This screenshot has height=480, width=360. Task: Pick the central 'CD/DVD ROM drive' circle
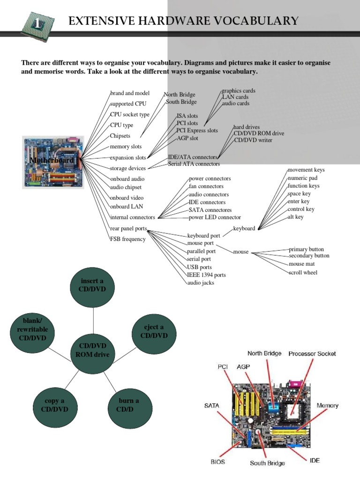[93, 351]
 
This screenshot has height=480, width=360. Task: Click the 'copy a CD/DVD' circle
[55, 405]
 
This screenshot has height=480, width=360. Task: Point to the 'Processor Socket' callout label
[312, 354]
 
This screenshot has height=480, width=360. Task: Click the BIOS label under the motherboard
[217, 461]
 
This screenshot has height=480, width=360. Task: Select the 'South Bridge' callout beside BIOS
[267, 463]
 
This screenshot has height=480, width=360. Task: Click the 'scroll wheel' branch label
[303, 272]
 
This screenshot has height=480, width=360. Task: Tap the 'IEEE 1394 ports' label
[207, 275]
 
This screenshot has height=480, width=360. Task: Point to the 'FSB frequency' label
[128, 239]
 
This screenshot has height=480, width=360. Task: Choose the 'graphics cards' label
[239, 90]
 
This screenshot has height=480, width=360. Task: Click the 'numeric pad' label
[302, 178]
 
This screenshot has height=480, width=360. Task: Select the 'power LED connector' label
[215, 217]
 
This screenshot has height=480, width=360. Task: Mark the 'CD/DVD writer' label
[253, 140]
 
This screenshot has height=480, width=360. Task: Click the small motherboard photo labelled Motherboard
[53, 162]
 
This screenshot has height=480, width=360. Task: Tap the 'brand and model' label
[130, 93]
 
